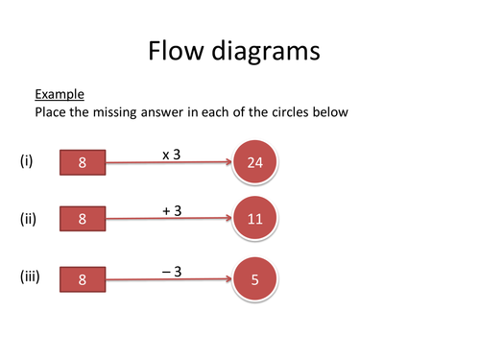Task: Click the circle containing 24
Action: pos(254,162)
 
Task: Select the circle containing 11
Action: pos(254,218)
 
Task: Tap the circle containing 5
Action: pos(254,280)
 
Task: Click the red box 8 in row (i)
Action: pos(83,163)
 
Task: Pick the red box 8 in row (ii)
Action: pos(83,219)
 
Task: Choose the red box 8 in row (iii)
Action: pos(83,280)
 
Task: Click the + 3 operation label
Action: pos(172,208)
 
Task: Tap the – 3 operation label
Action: pos(172,271)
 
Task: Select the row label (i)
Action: pos(26,161)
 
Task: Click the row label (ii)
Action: pos(28,218)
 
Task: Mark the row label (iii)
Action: pos(30,278)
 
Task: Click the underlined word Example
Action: pos(60,94)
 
